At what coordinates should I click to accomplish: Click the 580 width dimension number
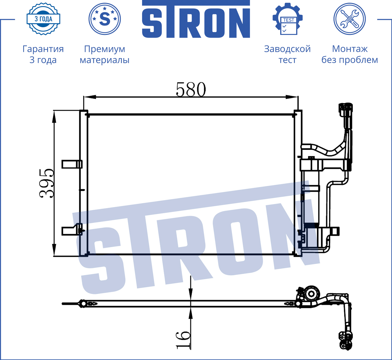pyautogui.click(x=191, y=89)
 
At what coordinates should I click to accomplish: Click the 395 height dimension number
pyautogui.click(x=47, y=183)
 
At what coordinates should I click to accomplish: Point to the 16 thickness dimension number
pyautogui.click(x=183, y=340)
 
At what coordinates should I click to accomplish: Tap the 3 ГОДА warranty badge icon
pyautogui.click(x=43, y=19)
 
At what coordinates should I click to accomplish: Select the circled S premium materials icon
pyautogui.click(x=104, y=19)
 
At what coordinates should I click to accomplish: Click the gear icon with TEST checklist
pyautogui.click(x=288, y=19)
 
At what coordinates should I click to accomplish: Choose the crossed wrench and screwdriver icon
pyautogui.click(x=350, y=19)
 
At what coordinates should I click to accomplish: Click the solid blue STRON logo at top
pyautogui.click(x=196, y=19)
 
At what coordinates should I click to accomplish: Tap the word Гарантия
pyautogui.click(x=43, y=49)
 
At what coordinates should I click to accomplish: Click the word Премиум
pyautogui.click(x=104, y=49)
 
